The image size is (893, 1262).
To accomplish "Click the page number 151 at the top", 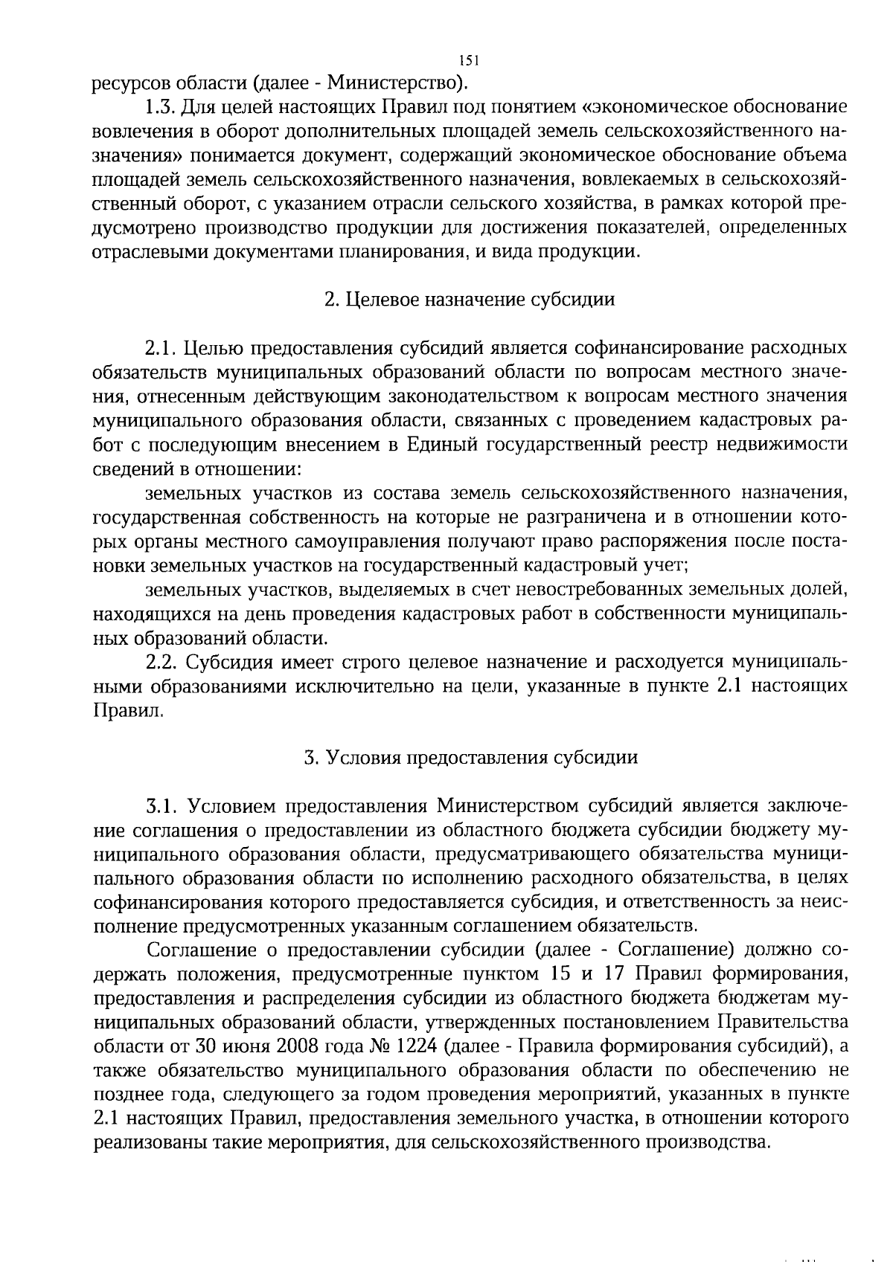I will pos(468,61).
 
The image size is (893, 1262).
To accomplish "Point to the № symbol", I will pos(377,1046).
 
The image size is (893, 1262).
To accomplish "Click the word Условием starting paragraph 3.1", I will pos(233,806).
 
